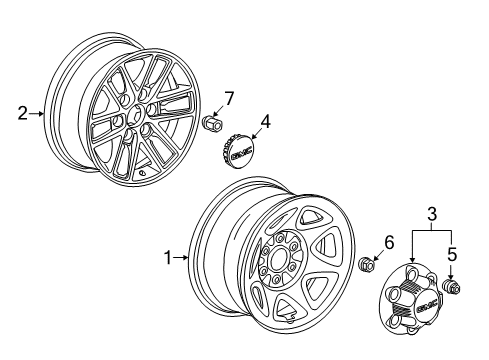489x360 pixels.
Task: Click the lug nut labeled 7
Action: click(x=211, y=124)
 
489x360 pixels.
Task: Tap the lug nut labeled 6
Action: click(x=368, y=265)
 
